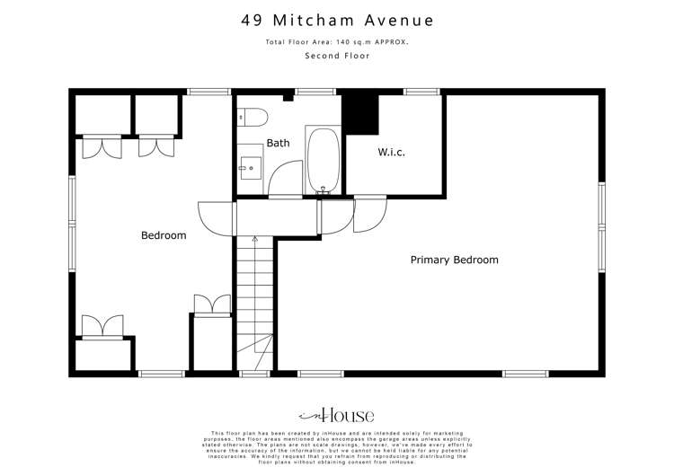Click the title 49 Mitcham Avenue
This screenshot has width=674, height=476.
tap(336, 19)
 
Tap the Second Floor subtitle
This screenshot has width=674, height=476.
tap(336, 56)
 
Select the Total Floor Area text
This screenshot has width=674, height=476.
tap(336, 42)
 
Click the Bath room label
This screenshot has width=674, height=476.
tap(278, 143)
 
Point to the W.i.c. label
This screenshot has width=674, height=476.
tap(391, 152)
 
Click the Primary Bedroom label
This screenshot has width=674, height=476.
tap(454, 260)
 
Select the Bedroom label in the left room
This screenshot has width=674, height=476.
tap(164, 235)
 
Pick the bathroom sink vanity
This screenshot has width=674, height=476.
tap(250, 166)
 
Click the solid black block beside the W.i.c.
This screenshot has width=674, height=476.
tap(363, 112)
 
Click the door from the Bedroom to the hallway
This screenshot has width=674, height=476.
tap(216, 216)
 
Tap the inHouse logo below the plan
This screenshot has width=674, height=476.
tap(336, 415)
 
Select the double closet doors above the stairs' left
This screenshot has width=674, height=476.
tap(211, 305)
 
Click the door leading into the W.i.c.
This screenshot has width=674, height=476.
tap(369, 216)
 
